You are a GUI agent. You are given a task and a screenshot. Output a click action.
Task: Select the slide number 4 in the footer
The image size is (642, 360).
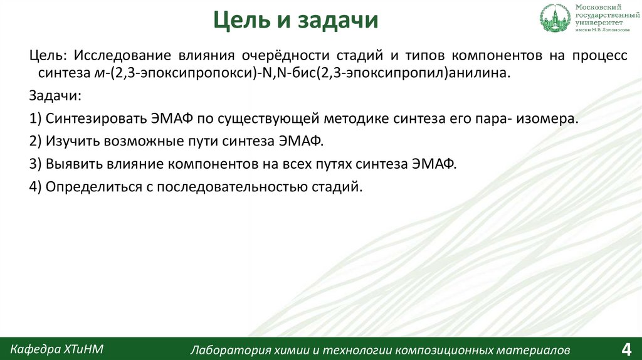[625, 348]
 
